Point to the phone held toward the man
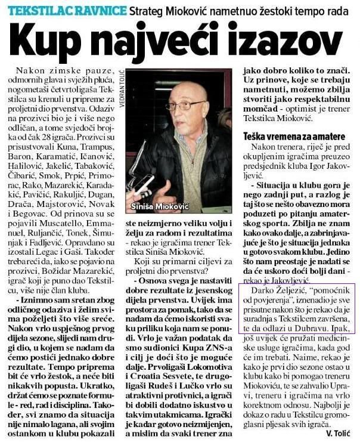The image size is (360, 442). (143, 184)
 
